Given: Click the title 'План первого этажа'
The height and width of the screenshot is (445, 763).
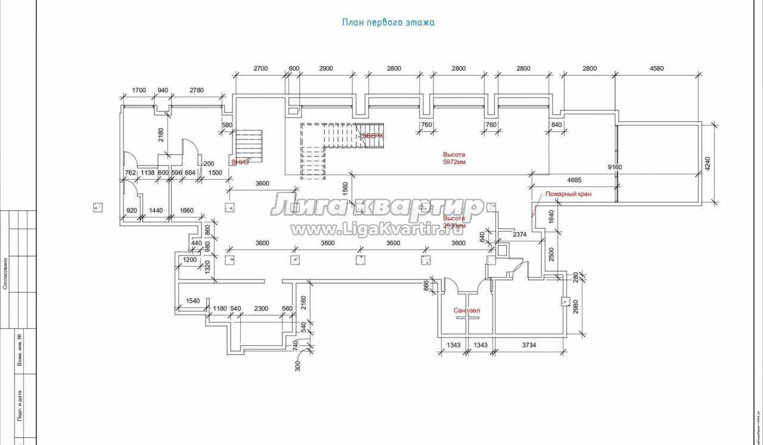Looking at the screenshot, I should (x=388, y=23).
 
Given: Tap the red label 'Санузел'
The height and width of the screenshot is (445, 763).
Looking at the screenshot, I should (x=467, y=311).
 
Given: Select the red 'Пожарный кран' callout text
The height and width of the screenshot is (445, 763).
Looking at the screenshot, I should (x=568, y=194).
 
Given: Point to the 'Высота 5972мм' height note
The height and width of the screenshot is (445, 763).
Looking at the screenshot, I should (x=454, y=158).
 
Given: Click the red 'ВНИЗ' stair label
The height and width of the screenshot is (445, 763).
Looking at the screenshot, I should (x=240, y=162).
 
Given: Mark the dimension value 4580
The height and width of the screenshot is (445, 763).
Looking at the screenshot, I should (x=656, y=69).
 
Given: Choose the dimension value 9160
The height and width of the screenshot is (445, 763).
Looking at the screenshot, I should (x=615, y=167).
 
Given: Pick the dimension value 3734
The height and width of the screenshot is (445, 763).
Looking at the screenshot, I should (x=531, y=346).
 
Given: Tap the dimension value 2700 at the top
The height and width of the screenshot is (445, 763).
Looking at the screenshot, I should (x=260, y=69).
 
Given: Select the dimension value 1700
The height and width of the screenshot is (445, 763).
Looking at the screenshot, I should (x=138, y=91).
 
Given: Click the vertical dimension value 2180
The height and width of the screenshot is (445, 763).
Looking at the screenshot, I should (x=161, y=136).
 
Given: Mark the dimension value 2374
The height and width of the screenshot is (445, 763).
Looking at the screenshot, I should (x=520, y=235).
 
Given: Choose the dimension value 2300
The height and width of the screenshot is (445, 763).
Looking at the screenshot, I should (x=261, y=309).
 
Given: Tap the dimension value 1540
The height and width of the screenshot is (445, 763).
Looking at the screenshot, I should (x=193, y=301).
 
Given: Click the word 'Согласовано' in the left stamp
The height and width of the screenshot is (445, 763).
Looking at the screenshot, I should (x=5, y=273).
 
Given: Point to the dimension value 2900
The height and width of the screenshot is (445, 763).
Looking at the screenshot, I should (x=325, y=69).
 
